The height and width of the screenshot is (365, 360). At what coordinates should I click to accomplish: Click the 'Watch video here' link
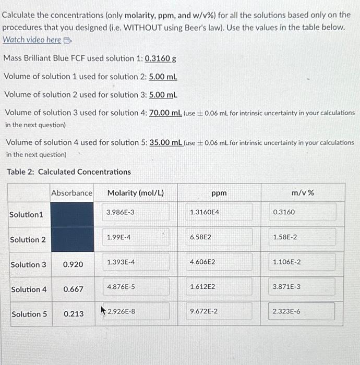pos(32,40)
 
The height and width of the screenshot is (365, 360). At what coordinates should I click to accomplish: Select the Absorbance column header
pos(71,193)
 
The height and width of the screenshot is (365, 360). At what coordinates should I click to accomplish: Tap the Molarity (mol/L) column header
pos(135,193)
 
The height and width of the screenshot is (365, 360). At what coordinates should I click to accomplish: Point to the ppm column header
pos(219,193)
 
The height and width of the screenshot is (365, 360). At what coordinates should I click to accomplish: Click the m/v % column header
pos(303,193)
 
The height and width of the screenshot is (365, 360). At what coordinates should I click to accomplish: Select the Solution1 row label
pos(26,215)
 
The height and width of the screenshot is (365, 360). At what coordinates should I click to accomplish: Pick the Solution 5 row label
pos(29,314)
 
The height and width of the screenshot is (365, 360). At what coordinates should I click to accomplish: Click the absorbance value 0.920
pos(73,264)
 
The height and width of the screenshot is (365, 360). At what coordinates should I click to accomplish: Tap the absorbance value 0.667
pos(73,289)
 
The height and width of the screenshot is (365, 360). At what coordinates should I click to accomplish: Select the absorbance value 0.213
pos(73,314)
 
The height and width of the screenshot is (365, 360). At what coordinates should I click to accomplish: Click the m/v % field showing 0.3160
pos(303,213)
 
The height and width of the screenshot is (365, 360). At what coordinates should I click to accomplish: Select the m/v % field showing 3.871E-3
pos(303,287)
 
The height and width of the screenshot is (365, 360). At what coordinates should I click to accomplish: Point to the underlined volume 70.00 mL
pos(165,113)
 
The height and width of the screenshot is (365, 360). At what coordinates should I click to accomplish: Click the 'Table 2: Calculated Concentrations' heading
pos(68,172)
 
